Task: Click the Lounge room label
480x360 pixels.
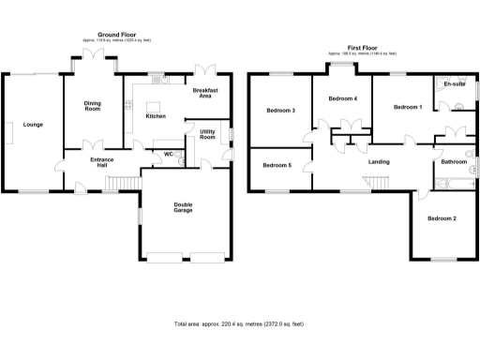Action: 33,124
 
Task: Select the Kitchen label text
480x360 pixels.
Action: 156,116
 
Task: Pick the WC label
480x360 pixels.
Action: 169,154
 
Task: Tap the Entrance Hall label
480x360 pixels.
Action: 101,165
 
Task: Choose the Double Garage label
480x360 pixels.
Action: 184,210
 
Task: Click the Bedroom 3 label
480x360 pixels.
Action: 281,111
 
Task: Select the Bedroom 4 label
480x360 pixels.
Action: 342,98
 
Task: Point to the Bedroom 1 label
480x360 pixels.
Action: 407,107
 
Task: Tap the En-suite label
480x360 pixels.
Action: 455,84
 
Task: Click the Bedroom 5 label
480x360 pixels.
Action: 277,166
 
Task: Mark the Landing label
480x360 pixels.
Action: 379,161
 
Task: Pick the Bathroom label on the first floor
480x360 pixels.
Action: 454,161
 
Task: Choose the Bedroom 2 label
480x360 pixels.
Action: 442,218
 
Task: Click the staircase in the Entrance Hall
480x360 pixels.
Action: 119,182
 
